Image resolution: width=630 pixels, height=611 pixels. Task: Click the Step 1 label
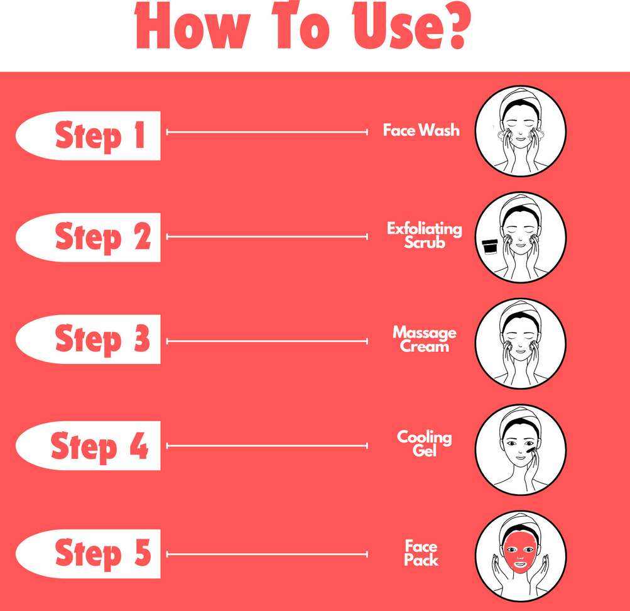click(x=100, y=136)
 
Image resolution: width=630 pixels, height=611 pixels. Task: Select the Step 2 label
click(x=102, y=238)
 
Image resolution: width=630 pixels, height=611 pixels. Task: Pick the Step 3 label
click(x=102, y=340)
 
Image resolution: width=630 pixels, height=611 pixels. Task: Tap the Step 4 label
click(x=99, y=446)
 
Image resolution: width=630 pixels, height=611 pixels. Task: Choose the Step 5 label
click(x=102, y=553)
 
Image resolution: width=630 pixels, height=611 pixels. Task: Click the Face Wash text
click(x=421, y=131)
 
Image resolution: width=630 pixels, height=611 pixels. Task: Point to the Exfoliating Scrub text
click(x=424, y=235)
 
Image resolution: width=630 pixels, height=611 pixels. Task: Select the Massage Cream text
click(x=424, y=339)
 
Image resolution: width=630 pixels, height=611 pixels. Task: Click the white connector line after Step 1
click(x=267, y=132)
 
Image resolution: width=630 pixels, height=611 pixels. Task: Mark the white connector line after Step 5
click(x=267, y=554)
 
